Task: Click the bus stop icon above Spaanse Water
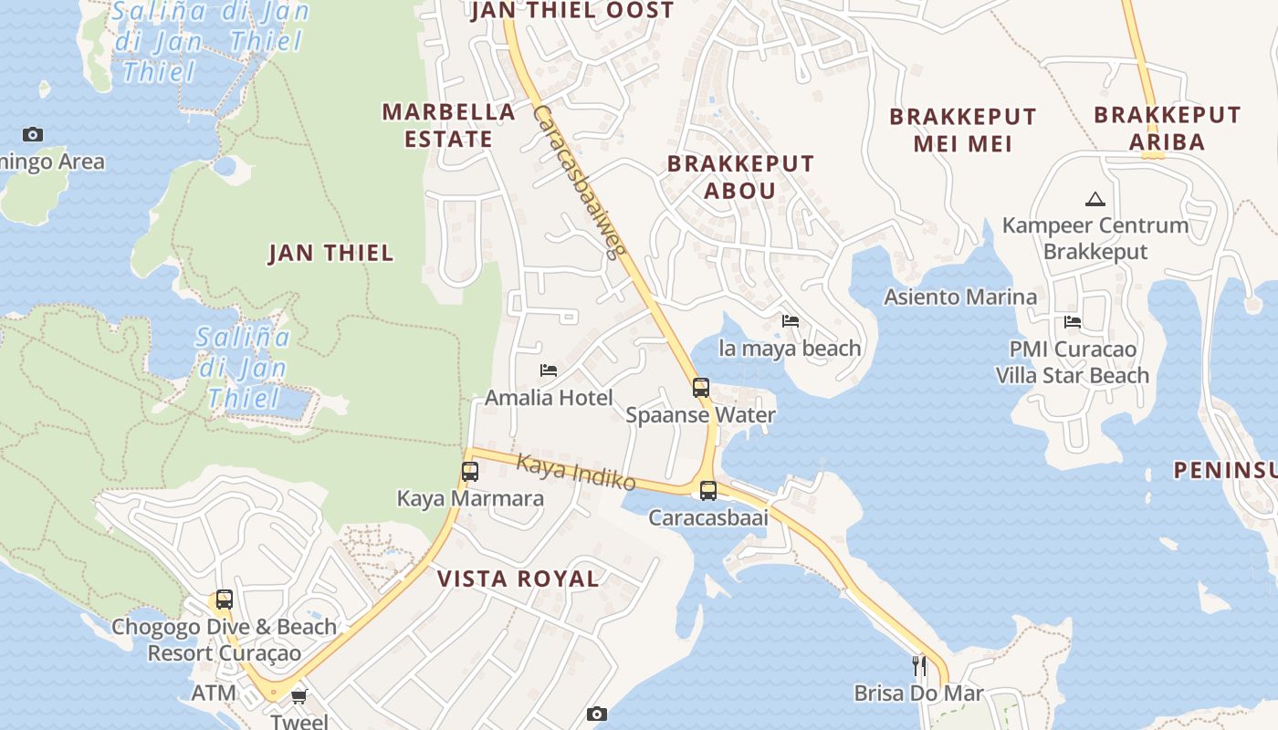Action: coord(700,388)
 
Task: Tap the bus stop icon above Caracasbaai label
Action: coord(707,491)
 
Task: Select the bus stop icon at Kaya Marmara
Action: coord(470,472)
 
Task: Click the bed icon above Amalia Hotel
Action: coord(549,370)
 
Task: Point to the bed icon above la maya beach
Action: coord(791,321)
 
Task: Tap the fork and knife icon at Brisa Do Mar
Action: coord(918,666)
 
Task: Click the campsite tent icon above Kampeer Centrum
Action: coord(1095,199)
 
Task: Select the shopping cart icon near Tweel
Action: coord(299,697)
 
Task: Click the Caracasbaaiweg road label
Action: coord(578,182)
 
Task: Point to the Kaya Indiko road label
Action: coord(575,471)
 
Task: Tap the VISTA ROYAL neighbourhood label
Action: coord(518,579)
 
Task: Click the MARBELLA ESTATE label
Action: coord(448,125)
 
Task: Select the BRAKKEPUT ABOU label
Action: coord(739,177)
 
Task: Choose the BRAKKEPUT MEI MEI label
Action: coord(962,130)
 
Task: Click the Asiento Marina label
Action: coord(960,297)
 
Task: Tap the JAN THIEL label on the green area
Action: coord(330,253)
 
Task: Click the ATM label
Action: coord(214,693)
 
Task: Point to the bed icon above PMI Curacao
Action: coord(1073,322)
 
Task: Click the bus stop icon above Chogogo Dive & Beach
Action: coord(224,600)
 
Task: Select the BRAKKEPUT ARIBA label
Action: coord(1167,128)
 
